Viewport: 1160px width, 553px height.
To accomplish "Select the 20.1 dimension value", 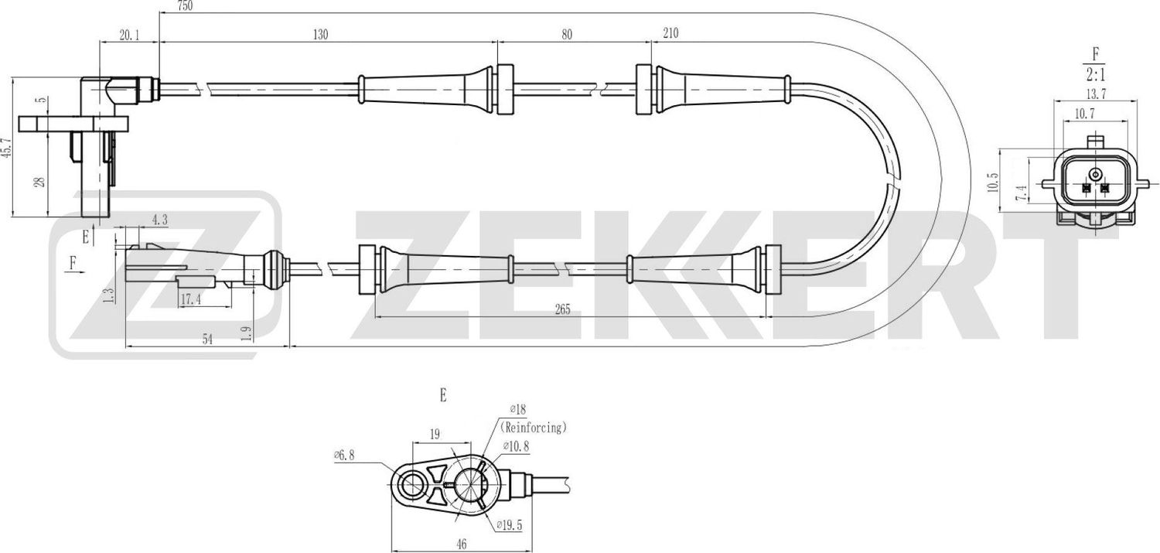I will [x=129, y=34].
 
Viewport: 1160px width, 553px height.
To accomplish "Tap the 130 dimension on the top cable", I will [x=320, y=34].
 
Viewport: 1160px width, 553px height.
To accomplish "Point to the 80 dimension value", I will [x=567, y=34].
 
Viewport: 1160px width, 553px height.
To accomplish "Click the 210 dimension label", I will [x=670, y=34].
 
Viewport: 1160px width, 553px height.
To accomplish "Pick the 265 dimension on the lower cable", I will [x=562, y=310].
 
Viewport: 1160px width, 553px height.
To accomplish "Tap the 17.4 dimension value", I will [x=191, y=299].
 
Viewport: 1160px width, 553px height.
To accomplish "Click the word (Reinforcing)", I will [x=534, y=426].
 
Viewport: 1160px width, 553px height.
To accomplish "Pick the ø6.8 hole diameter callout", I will [x=343, y=456].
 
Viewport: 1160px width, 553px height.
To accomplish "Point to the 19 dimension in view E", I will [x=435, y=435].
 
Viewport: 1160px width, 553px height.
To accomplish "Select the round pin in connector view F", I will [x=1095, y=173].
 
